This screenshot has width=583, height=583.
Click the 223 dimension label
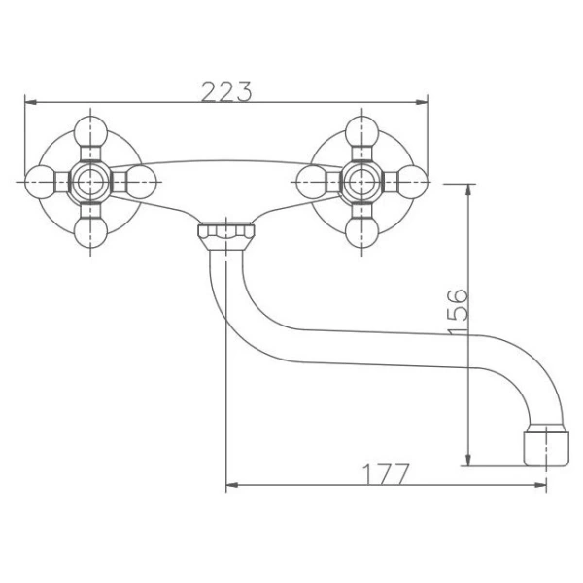pyautogui.click(x=226, y=91)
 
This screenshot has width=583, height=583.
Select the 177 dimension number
pyautogui.click(x=386, y=474)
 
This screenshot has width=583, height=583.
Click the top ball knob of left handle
pyautogui.click(x=90, y=131)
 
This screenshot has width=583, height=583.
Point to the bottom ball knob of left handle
pyautogui.click(x=90, y=232)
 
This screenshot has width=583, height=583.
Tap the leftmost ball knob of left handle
pyautogui.click(x=40, y=182)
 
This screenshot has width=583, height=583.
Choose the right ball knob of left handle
pyautogui.click(x=141, y=182)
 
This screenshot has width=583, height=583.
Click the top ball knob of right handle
pyautogui.click(x=361, y=131)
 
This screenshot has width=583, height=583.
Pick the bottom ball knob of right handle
pyautogui.click(x=361, y=232)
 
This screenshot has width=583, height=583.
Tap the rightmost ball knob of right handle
pyautogui.click(x=412, y=182)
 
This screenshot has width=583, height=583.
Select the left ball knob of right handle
pyautogui.click(x=312, y=182)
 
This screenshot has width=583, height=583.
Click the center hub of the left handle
pyautogui.click(x=90, y=182)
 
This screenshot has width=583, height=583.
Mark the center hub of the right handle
pyautogui.click(x=361, y=182)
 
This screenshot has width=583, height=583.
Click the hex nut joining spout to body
pyautogui.click(x=226, y=236)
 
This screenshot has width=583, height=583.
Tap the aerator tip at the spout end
pyautogui.click(x=546, y=448)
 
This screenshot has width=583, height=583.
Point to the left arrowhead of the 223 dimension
pyautogui.click(x=30, y=102)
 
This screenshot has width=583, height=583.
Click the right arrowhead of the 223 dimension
pyautogui.click(x=422, y=102)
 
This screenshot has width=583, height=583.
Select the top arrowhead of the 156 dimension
pyautogui.click(x=468, y=190)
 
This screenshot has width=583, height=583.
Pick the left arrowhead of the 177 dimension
pyautogui.click(x=232, y=485)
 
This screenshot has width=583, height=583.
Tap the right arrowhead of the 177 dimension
pyautogui.click(x=540, y=485)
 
